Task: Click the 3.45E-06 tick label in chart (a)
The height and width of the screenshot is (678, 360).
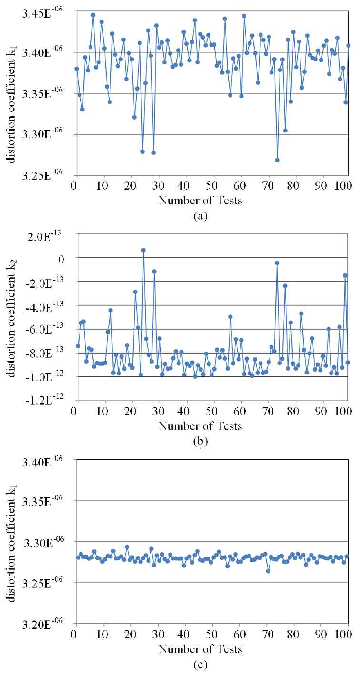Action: coord(40,11)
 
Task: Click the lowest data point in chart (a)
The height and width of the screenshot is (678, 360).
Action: coord(277,160)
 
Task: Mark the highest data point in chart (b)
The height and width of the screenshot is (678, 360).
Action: coord(143,250)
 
